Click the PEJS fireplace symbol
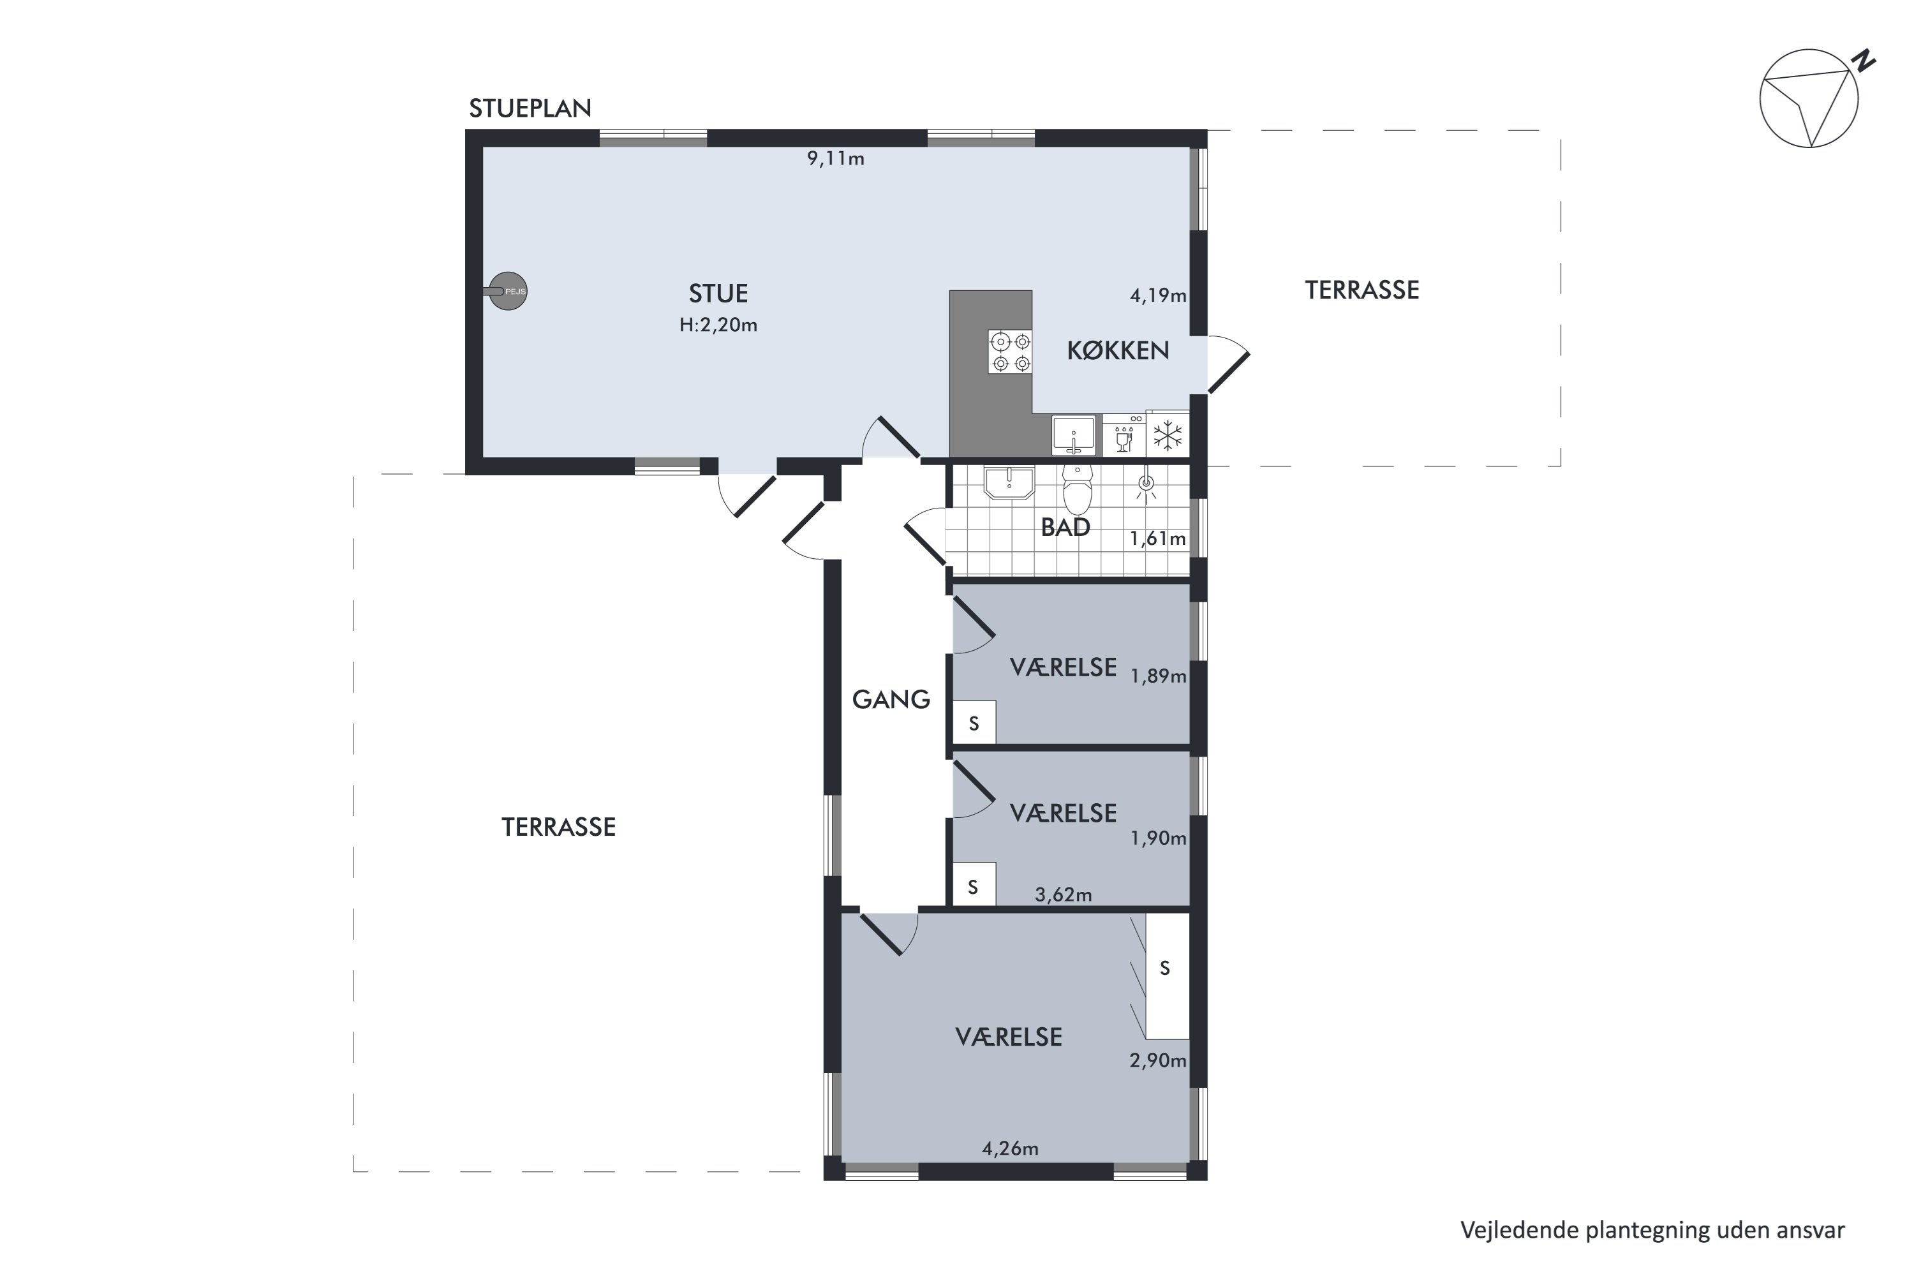[508, 290]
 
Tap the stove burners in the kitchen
[1009, 352]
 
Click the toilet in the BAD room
[1078, 491]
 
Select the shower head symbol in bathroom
[1146, 485]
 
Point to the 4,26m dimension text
[1010, 1148]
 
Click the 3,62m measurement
[1063, 895]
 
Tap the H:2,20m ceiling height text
[718, 325]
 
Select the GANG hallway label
[891, 700]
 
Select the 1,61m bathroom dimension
[1157, 538]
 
